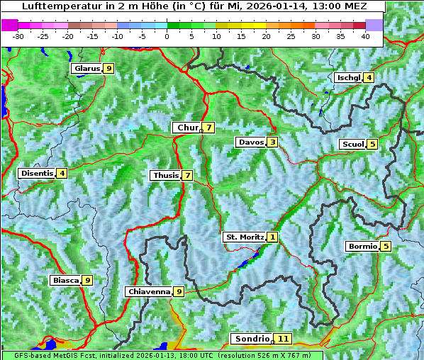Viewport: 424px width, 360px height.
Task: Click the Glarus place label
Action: (86, 69)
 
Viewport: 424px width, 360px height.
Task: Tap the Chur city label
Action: (187, 128)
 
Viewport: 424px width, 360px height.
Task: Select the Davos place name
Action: (250, 142)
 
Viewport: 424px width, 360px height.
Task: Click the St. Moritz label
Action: (244, 237)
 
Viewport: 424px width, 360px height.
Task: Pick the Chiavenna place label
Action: (148, 291)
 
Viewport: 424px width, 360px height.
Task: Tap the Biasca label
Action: (65, 281)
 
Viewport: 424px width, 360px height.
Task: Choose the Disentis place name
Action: (37, 173)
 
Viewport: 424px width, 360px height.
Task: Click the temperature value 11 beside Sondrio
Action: (284, 339)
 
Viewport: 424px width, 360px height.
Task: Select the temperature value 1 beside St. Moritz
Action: (273, 237)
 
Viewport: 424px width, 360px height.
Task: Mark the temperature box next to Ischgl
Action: (369, 77)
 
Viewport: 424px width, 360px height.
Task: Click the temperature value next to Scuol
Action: (372, 144)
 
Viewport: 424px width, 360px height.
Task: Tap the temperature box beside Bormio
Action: (385, 247)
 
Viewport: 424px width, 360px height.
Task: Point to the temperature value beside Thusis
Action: (187, 175)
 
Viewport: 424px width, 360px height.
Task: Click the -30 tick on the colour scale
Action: (18, 36)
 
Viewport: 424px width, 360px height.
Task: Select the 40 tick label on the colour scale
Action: (365, 36)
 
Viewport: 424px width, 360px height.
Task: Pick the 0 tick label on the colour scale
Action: (167, 36)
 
